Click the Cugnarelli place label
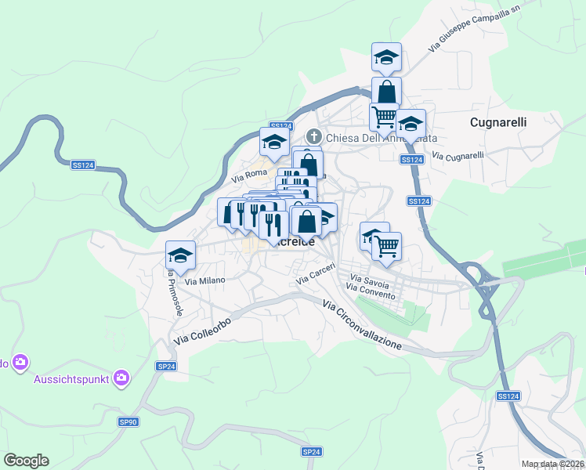click(498, 122)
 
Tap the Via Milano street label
click(205, 280)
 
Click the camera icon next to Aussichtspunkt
click(121, 378)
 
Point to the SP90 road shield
click(128, 421)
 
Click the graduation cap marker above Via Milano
click(180, 255)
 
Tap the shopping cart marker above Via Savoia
click(387, 246)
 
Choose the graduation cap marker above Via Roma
click(274, 142)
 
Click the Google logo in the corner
click(26, 461)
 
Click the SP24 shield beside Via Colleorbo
click(165, 366)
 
